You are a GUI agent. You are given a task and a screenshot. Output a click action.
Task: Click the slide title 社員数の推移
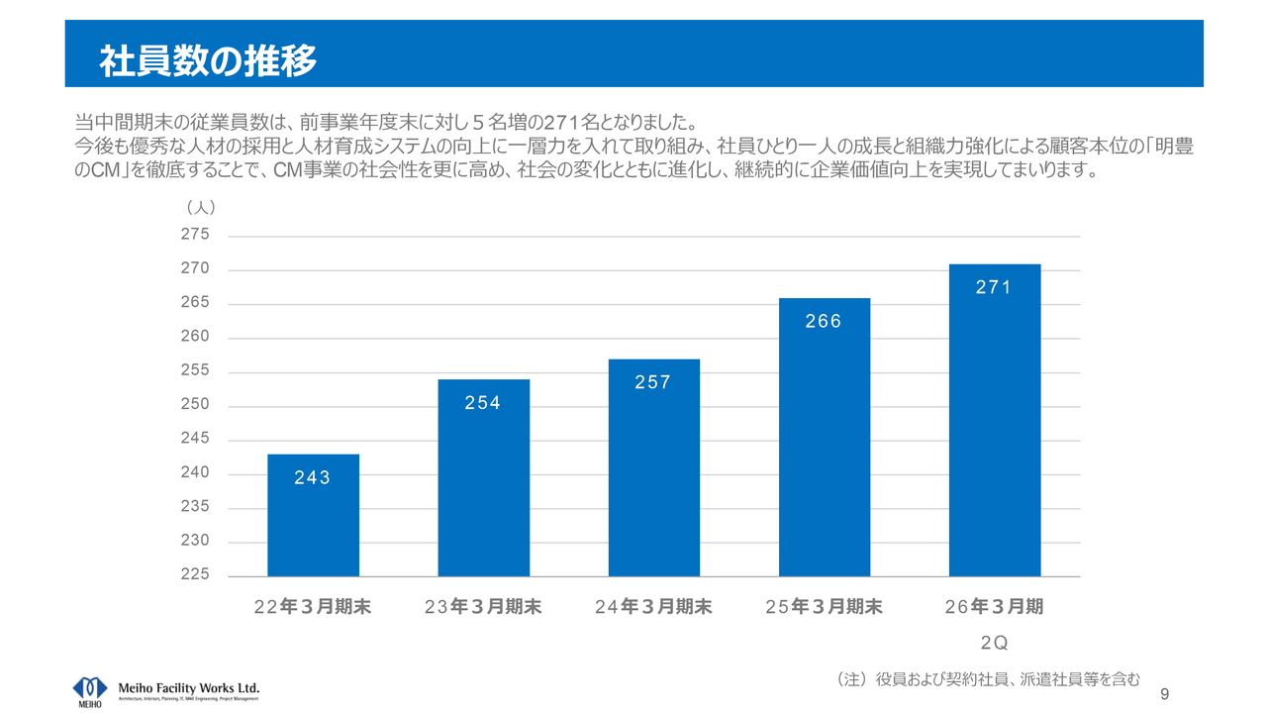pyautogui.click(x=208, y=61)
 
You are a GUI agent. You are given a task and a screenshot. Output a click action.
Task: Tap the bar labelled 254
pyautogui.click(x=483, y=485)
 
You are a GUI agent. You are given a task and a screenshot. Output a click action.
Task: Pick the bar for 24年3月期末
pyautogui.click(x=653, y=475)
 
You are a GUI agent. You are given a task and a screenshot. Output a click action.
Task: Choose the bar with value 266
pyautogui.click(x=824, y=446)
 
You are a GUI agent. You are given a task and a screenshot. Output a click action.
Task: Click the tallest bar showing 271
pyautogui.click(x=994, y=426)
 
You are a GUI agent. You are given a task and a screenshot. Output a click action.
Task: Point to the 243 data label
pyautogui.click(x=313, y=478)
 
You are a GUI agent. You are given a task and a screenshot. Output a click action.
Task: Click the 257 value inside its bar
pyautogui.click(x=653, y=383)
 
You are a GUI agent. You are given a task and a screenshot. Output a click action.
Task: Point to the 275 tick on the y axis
pyautogui.click(x=196, y=235)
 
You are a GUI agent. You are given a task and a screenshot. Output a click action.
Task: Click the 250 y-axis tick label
pyautogui.click(x=196, y=405)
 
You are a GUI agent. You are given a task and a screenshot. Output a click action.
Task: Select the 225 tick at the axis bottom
pyautogui.click(x=196, y=574)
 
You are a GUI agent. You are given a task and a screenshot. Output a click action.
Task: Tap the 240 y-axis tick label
pyautogui.click(x=196, y=472)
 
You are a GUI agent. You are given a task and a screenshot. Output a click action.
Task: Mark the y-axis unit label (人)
pyautogui.click(x=201, y=208)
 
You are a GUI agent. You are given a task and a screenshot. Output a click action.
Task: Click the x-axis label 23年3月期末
pyautogui.click(x=483, y=607)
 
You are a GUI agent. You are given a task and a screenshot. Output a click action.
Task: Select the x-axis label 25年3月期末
pyautogui.click(x=824, y=607)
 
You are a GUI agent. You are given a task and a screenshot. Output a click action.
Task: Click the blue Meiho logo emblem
pyautogui.click(x=90, y=687)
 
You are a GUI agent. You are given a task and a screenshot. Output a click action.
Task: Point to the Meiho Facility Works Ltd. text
pyautogui.click(x=188, y=687)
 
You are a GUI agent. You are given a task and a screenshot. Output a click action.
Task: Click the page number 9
pyautogui.click(x=1164, y=693)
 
